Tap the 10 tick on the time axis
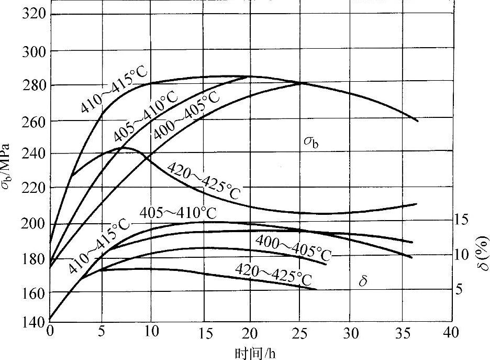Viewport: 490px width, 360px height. (151, 333)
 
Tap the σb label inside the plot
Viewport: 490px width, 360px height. (311, 141)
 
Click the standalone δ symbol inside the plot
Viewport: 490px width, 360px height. (362, 282)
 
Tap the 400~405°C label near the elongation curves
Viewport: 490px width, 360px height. (293, 247)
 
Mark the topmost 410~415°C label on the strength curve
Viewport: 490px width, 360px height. (114, 90)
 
